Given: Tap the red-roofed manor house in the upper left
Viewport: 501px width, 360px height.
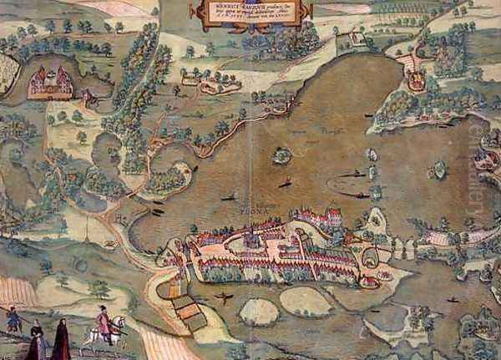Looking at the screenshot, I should point(49,80).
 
